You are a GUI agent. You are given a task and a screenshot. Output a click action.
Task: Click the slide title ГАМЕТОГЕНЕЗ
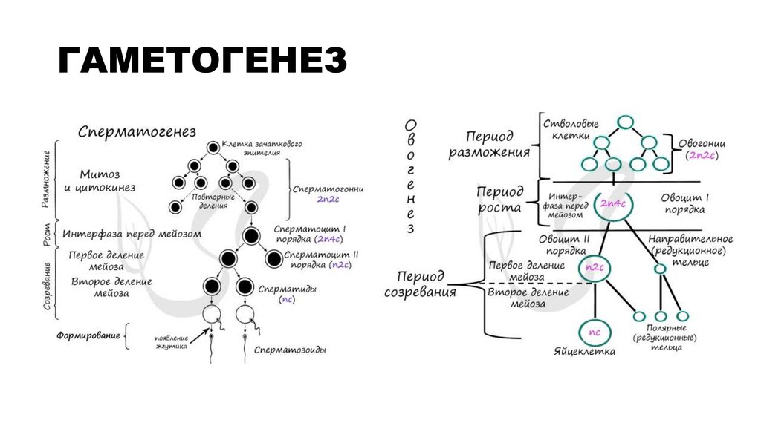tap(203, 61)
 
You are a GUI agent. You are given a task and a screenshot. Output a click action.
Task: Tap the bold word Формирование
tap(88, 335)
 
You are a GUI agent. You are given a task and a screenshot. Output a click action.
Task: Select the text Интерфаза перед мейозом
tap(132, 234)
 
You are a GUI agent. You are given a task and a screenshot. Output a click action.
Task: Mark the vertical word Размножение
tap(45, 178)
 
